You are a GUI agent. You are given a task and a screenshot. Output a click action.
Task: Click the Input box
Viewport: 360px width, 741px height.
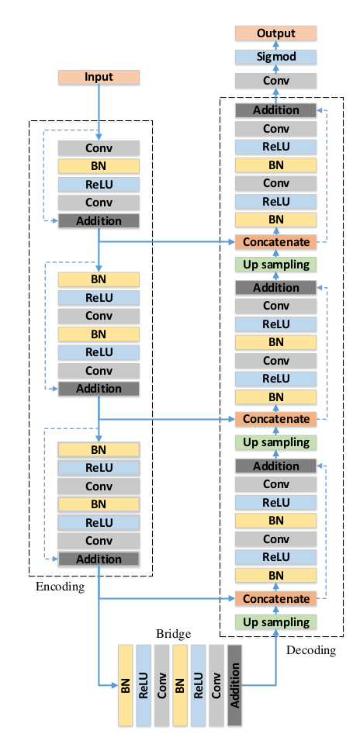pos(99,77)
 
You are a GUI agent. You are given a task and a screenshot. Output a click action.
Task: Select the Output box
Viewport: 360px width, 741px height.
pos(276,33)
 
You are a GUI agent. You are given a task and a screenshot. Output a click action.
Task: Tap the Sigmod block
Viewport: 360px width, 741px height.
pos(276,57)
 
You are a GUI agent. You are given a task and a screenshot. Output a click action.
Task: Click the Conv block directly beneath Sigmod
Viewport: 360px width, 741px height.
pos(276,81)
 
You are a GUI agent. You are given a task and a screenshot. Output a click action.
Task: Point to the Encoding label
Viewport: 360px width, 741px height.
pos(60,587)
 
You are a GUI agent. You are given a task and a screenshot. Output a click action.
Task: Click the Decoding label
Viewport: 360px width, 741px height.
pos(311,649)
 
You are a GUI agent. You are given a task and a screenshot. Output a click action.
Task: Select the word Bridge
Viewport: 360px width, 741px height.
pos(173,634)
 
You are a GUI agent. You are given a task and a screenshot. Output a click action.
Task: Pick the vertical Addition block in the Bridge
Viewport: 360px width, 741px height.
pos(234,685)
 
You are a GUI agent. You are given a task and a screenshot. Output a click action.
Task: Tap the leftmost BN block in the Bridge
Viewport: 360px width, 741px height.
pos(126,685)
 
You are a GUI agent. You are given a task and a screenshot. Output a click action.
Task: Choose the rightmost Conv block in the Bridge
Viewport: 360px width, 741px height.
pos(216,685)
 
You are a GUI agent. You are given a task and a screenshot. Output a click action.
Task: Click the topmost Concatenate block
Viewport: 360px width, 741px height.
pos(276,242)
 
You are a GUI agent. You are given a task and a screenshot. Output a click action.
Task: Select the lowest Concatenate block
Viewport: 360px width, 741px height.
pos(276,599)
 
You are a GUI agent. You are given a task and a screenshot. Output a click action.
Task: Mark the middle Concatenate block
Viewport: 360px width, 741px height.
pos(276,419)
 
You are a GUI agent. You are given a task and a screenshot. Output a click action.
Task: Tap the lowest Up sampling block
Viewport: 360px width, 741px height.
pos(276,622)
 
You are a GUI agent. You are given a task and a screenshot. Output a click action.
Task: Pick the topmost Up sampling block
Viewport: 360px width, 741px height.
pos(276,265)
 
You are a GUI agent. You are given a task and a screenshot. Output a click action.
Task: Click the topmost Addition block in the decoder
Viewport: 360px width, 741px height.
pos(276,110)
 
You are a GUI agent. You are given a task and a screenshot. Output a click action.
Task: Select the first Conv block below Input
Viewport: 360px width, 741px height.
pos(99,147)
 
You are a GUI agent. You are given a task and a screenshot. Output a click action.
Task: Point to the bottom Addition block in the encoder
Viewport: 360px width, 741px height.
pos(99,559)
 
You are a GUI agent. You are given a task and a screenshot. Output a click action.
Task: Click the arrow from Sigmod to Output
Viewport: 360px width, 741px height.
pos(276,44)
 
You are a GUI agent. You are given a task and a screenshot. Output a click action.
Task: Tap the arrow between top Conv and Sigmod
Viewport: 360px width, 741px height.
pos(276,68)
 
